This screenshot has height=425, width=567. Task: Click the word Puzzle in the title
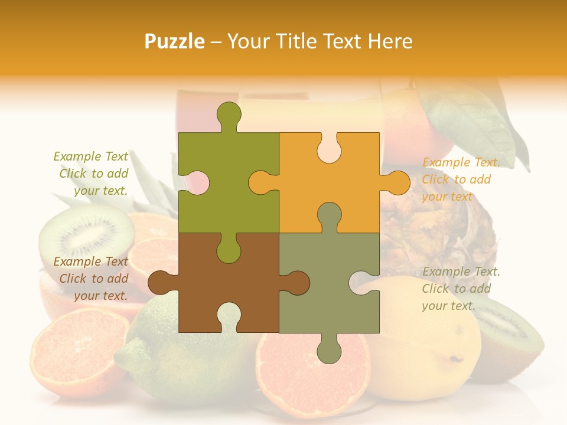[x=175, y=41]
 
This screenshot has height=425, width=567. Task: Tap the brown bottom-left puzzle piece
[x=224, y=283]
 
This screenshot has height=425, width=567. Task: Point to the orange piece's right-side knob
[x=397, y=182]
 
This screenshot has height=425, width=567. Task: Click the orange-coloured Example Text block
[x=461, y=179]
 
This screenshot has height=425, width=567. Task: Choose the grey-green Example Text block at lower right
[x=461, y=289]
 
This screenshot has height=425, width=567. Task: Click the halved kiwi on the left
[x=86, y=233]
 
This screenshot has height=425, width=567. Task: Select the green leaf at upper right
[x=472, y=124]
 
